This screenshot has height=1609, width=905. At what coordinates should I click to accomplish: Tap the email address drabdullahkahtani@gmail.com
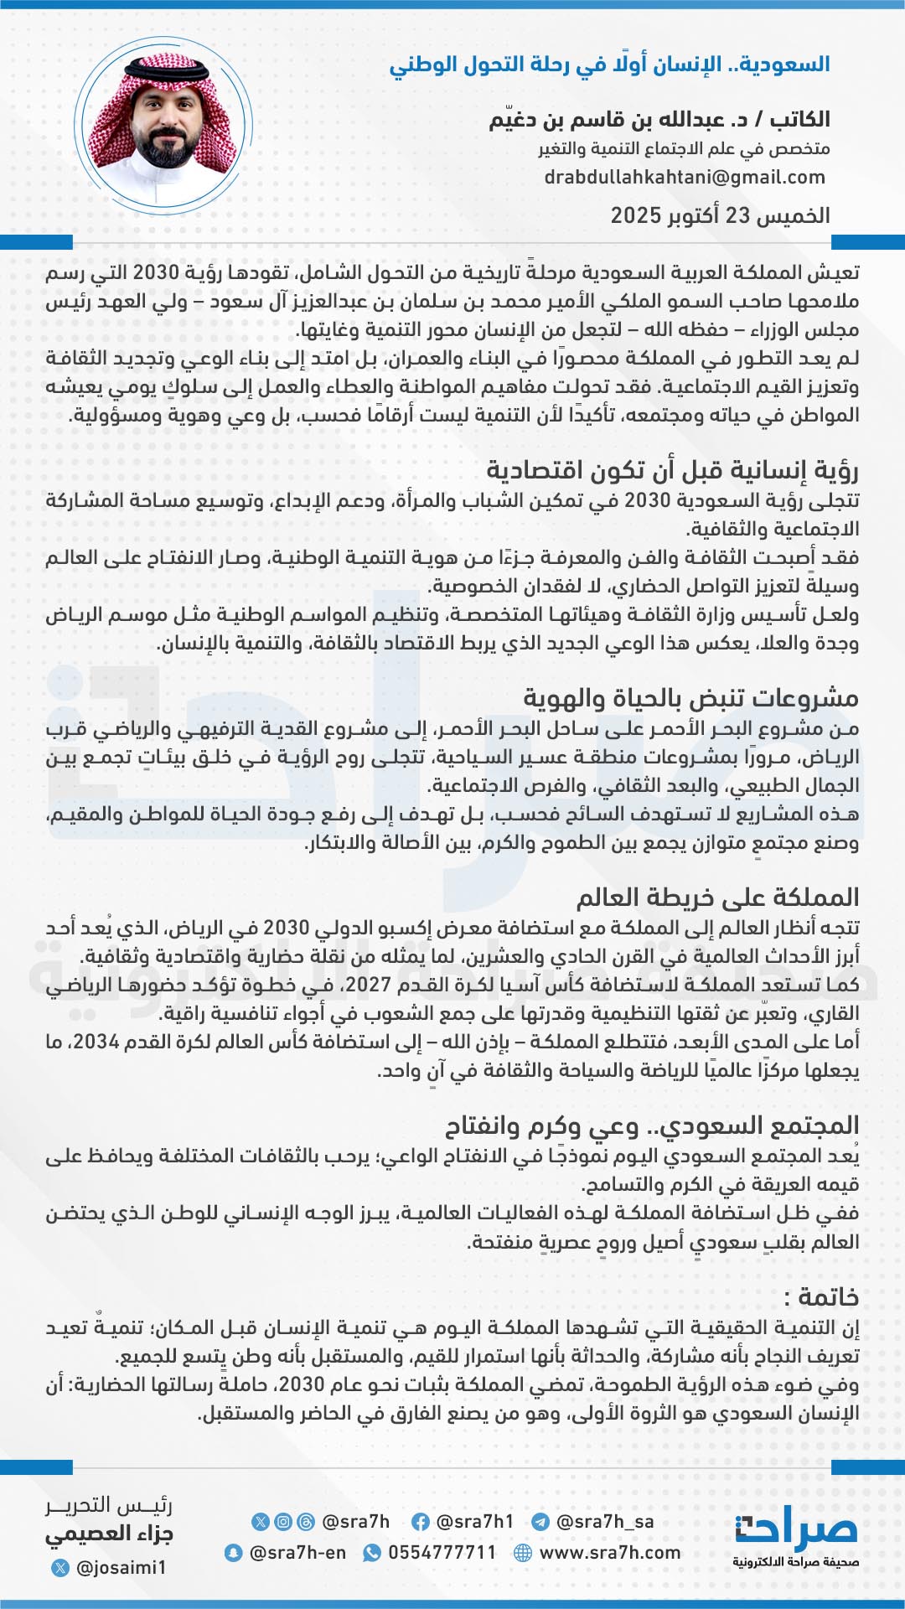(685, 178)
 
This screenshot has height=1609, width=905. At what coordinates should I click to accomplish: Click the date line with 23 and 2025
(720, 215)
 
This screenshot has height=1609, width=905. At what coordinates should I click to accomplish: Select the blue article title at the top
(609, 65)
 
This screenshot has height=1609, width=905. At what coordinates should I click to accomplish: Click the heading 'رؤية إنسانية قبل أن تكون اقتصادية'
(672, 471)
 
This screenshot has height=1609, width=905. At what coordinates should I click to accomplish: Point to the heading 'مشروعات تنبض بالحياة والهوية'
(691, 698)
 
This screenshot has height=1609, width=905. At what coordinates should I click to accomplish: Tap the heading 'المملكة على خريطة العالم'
(717, 898)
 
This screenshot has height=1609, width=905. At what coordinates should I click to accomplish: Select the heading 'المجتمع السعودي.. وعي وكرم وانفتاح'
(652, 1125)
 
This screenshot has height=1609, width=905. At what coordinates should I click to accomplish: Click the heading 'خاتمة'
(821, 1297)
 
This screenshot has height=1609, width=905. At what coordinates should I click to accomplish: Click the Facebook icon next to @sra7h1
(421, 1522)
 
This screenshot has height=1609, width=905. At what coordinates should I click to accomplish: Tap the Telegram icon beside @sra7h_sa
(540, 1522)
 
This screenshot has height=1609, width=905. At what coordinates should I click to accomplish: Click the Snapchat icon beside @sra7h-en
(234, 1553)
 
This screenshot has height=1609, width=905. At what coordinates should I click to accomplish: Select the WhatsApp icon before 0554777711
(371, 1553)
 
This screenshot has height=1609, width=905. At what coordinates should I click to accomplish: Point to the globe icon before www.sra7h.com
(523, 1553)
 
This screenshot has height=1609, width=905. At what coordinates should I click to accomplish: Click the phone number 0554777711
(442, 1553)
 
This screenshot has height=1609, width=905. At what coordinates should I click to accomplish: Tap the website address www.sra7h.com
(609, 1553)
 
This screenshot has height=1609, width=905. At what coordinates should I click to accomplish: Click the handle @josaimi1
(121, 1567)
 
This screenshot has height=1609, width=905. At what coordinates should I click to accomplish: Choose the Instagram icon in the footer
(284, 1522)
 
